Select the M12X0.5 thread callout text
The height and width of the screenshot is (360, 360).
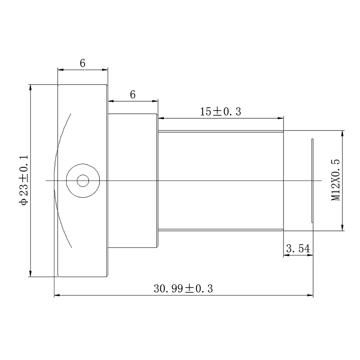pos(335,180)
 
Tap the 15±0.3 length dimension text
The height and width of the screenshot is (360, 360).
pos(220,112)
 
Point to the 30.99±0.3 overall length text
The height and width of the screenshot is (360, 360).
pos(184,288)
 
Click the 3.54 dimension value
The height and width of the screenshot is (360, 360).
pos(298,248)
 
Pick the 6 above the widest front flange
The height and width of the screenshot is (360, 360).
pos(83,63)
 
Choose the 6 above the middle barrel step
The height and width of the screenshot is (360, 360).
pos(133,94)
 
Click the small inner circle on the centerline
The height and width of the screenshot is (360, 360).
pos(83,181)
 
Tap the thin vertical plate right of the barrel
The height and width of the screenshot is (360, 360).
pos(312,180)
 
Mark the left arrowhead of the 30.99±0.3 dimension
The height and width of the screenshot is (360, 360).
pos(57,295)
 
